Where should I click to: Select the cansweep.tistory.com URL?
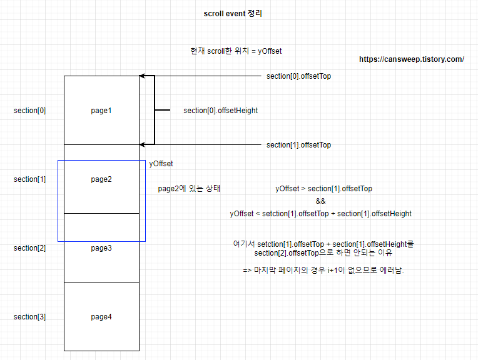(411, 59)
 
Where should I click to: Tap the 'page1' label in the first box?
(101, 111)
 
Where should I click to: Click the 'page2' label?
(101, 179)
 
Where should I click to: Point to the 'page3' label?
(101, 248)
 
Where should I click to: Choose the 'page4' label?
(101, 317)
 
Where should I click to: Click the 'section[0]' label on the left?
(29, 111)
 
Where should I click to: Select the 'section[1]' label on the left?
(29, 179)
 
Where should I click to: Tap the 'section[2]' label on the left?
(29, 248)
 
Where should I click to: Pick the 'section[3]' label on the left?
(29, 317)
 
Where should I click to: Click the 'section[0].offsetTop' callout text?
(298, 76)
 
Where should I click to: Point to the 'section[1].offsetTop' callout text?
(298, 145)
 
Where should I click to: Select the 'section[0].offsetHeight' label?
(220, 111)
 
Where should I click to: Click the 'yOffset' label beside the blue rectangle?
(161, 164)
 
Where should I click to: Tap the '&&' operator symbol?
(320, 201)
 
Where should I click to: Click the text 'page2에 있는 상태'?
(189, 188)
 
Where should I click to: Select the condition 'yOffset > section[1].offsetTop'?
(323, 188)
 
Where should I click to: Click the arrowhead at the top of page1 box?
(143, 76)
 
